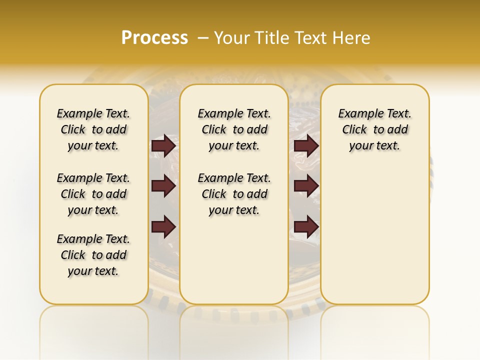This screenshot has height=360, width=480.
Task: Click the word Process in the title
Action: point(154,38)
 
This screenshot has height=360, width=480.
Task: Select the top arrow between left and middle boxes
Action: point(163,146)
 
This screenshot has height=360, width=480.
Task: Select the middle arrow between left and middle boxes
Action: point(163,186)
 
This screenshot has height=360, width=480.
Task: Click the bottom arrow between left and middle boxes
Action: point(163,227)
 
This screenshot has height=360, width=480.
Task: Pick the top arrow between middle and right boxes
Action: point(306,146)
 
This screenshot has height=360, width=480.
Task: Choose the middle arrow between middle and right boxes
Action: point(306,186)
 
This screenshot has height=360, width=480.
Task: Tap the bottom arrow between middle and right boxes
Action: point(306,227)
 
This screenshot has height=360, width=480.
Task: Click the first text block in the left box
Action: point(93,129)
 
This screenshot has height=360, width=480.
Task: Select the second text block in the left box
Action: point(93,194)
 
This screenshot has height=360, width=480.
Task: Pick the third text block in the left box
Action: point(93,255)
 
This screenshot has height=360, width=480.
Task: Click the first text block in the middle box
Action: point(234,129)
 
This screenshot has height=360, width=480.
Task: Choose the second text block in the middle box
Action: point(234,194)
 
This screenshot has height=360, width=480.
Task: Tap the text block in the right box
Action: point(374,129)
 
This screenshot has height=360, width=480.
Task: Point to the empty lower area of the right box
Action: point(374,230)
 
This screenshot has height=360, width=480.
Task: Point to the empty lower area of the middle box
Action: point(234,260)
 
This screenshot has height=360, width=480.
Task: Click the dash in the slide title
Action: point(203,38)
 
